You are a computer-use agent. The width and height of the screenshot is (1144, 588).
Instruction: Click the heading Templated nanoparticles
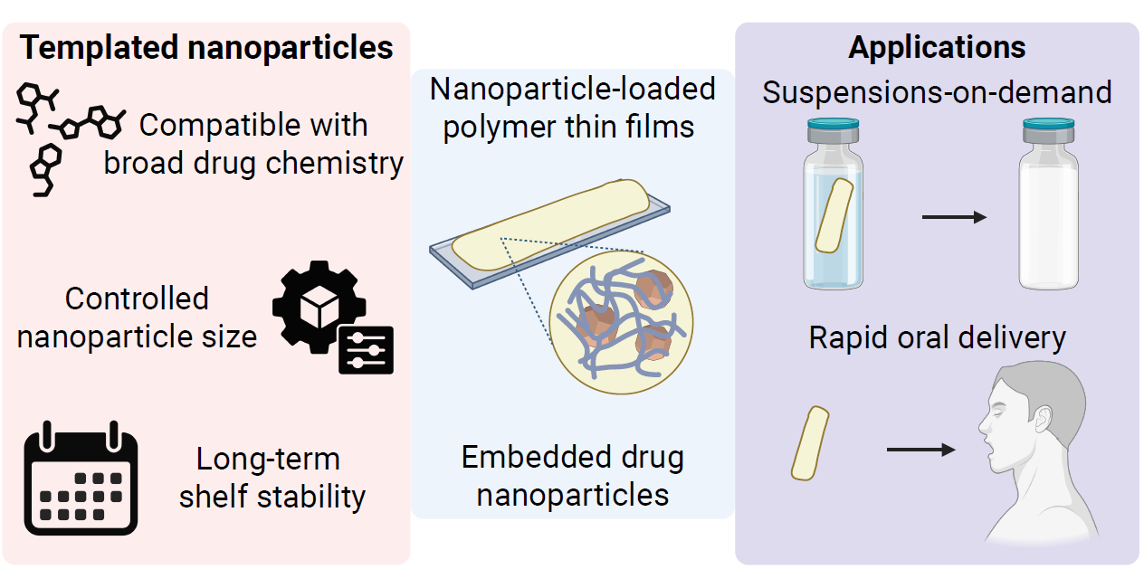click(207, 48)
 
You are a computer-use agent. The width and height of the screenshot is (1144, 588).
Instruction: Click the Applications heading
click(937, 47)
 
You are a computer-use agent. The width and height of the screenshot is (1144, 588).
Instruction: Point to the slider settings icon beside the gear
click(367, 350)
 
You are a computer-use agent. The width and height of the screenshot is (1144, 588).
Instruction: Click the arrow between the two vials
click(951, 217)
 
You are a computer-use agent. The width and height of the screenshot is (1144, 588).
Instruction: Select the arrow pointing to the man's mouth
click(920, 449)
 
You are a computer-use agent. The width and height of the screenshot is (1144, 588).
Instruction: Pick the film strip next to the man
click(810, 442)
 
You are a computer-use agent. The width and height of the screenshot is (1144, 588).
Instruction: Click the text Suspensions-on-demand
click(937, 92)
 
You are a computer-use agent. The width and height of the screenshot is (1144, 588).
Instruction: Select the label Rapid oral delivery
click(937, 337)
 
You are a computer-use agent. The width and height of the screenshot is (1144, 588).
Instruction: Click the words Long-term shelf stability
click(272, 478)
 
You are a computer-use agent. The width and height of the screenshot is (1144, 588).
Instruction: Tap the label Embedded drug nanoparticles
click(572, 476)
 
